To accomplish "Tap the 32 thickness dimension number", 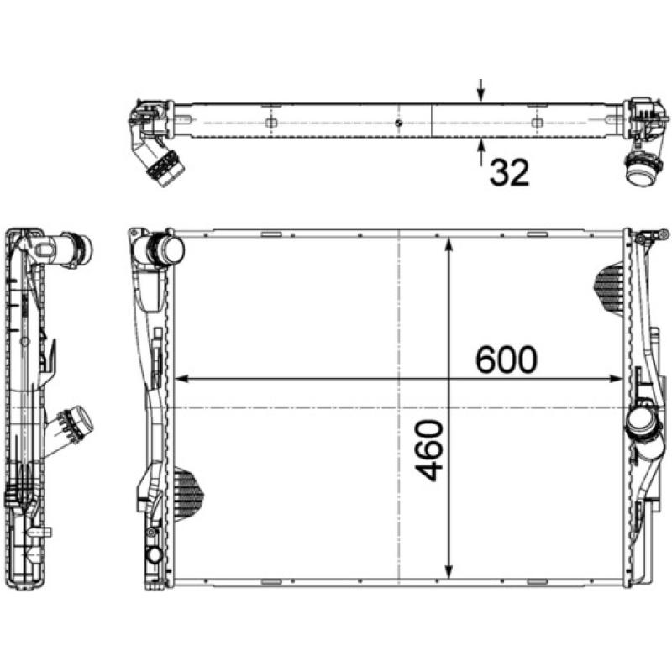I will point(509,173).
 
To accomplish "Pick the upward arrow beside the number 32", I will point(480,154).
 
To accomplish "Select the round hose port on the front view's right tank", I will point(642,424).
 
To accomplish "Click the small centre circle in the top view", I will point(398,123).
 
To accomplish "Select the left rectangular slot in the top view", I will point(270,123).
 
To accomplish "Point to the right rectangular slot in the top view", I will point(536,123).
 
